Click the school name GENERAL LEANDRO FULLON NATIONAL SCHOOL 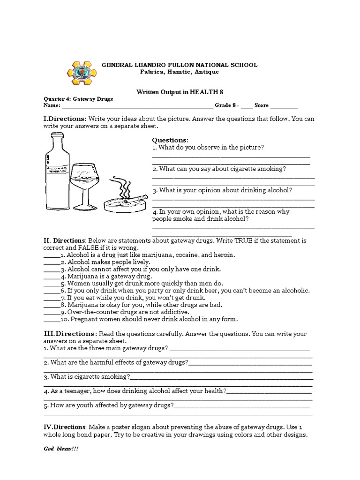click(180, 65)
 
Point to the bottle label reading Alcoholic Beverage click(56, 169)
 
